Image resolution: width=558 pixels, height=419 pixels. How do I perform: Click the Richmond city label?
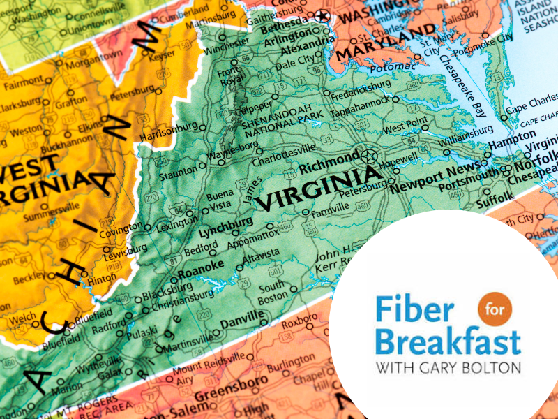(329, 167)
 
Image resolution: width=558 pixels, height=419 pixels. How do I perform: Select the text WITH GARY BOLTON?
(447, 366)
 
